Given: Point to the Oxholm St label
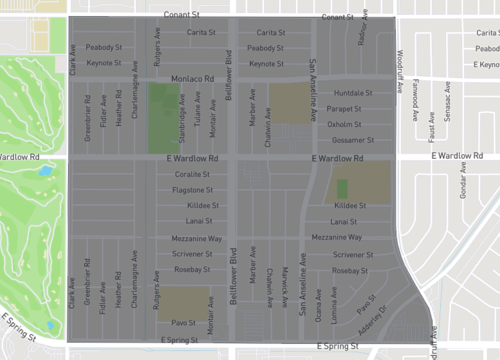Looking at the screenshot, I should click(x=345, y=124).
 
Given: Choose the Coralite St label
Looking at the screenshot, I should click(x=191, y=173).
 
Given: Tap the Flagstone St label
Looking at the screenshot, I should click(x=189, y=188).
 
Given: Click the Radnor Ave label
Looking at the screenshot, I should click(x=361, y=35).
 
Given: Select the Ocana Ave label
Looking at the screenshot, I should click(x=318, y=303).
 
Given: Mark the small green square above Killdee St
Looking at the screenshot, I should click(x=343, y=188).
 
